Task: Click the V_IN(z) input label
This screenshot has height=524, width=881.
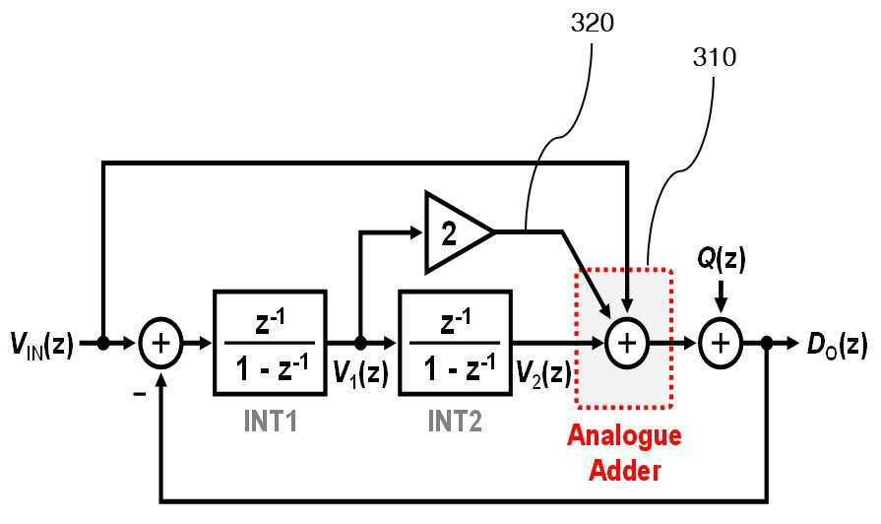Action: click(41, 344)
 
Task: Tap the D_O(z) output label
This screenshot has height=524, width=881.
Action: click(837, 344)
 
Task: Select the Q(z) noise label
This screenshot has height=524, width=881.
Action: click(722, 260)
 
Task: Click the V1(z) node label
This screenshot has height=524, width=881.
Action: click(360, 372)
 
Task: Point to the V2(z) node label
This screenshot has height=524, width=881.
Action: click(544, 372)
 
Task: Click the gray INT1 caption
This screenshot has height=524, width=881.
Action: click(271, 421)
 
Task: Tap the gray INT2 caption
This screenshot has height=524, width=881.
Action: click(455, 421)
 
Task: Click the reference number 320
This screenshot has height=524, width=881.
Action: click(593, 23)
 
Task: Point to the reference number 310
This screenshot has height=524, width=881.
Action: click(714, 57)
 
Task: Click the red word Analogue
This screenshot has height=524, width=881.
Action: click(624, 436)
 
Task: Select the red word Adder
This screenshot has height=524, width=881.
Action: click(624, 470)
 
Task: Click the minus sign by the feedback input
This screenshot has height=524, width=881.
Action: click(140, 394)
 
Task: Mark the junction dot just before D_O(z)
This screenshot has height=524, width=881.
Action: click(767, 343)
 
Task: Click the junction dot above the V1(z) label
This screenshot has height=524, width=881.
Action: click(360, 343)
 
